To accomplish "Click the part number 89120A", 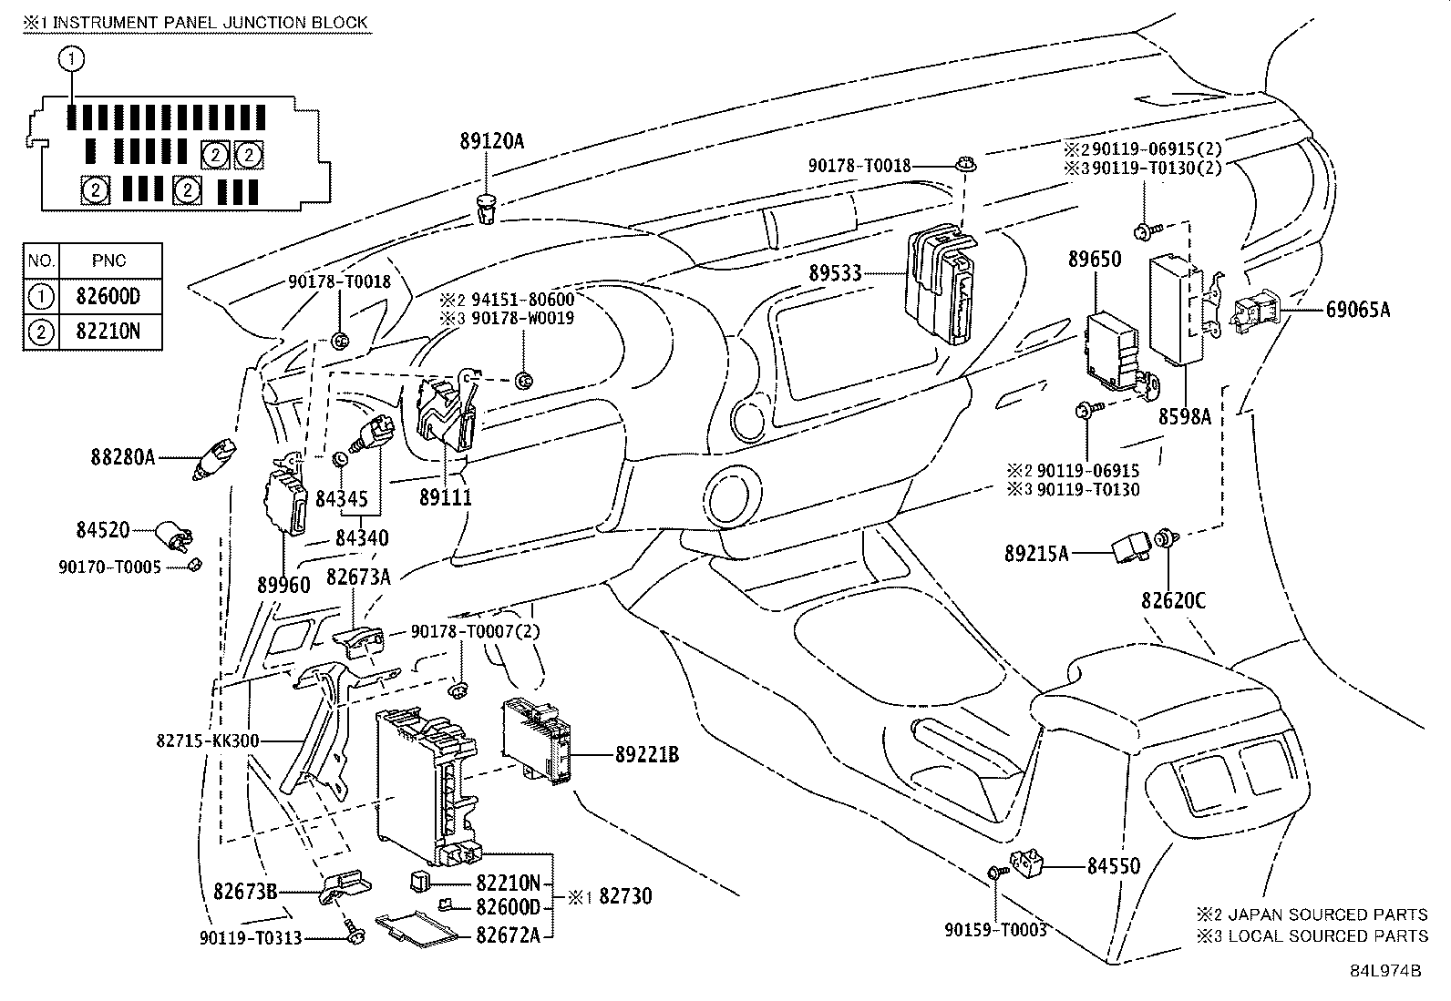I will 492,141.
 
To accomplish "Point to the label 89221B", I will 647,754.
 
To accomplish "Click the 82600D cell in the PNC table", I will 109,296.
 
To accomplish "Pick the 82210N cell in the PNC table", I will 109,332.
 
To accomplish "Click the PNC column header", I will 109,260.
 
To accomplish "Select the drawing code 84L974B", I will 1386,970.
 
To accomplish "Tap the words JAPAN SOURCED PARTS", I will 1329,914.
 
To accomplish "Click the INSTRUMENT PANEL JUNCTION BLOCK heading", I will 207,22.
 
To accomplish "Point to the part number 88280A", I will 123,456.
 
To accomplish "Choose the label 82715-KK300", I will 208,741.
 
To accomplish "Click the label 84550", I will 1113,866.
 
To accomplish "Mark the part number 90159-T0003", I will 994,930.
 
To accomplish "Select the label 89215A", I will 1036,553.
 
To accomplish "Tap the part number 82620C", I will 1173,601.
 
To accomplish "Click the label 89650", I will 1095,260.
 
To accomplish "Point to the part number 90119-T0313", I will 251,938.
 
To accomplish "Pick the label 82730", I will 625,896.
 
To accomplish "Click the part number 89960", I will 283,585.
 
